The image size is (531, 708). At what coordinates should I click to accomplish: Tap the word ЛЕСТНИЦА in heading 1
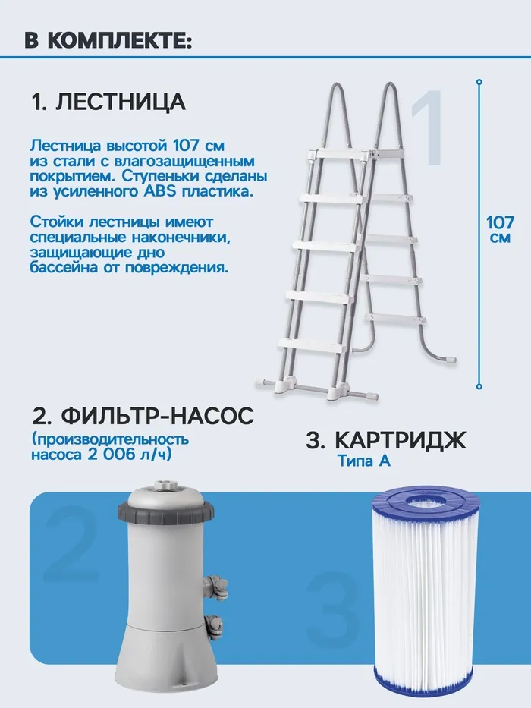121,102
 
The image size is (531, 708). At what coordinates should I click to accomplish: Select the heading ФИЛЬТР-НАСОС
157,415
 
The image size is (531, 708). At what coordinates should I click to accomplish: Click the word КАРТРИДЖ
401,440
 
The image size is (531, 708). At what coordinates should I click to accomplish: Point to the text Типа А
364,461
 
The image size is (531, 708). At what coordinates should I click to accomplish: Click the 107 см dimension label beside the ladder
501,229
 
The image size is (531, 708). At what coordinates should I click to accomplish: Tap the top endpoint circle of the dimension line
479,82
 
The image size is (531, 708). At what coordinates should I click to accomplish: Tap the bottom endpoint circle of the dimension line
479,386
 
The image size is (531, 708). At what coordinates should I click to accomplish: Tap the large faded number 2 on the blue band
71,543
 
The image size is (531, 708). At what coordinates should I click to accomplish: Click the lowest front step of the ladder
313,345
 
